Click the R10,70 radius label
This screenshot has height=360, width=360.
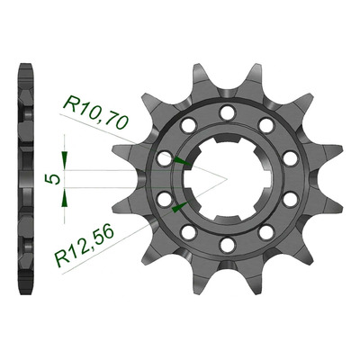[95, 112]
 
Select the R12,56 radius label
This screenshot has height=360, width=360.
[85, 245]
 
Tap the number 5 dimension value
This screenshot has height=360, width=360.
[51, 179]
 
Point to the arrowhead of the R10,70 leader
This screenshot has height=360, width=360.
[182, 161]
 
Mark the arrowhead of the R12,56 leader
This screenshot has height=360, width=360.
[180, 207]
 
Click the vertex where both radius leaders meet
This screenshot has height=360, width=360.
[227, 179]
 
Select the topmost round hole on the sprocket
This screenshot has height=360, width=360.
[227, 112]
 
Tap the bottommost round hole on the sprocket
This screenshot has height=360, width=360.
[227, 244]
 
